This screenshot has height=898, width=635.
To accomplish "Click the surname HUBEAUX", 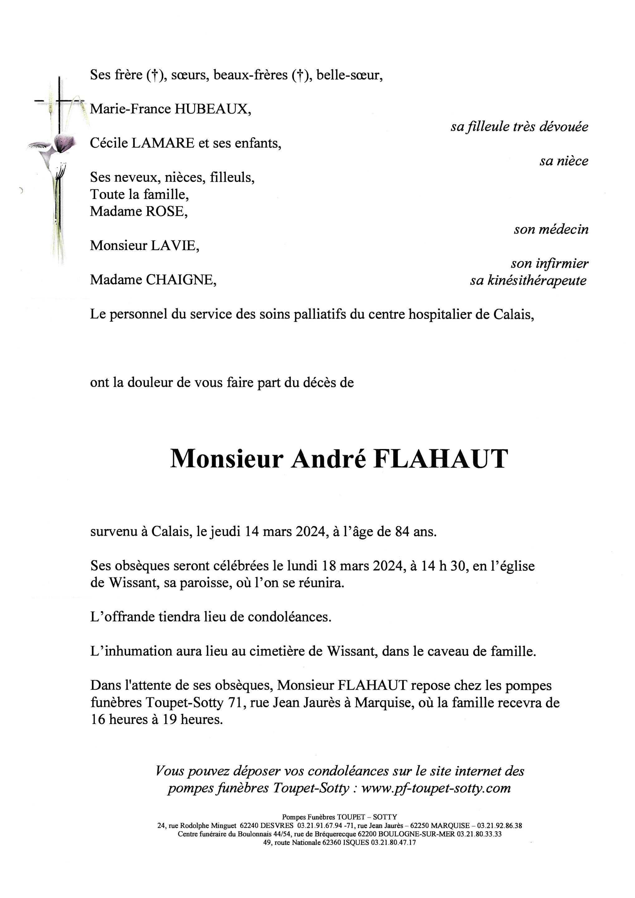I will pos(212,109).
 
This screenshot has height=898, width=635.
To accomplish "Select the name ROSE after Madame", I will pos(166,211).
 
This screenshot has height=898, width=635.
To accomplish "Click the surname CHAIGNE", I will pos(180,280).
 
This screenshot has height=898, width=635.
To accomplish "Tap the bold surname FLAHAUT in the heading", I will pos(441,459).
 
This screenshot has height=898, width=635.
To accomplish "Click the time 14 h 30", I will pos(444,566).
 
